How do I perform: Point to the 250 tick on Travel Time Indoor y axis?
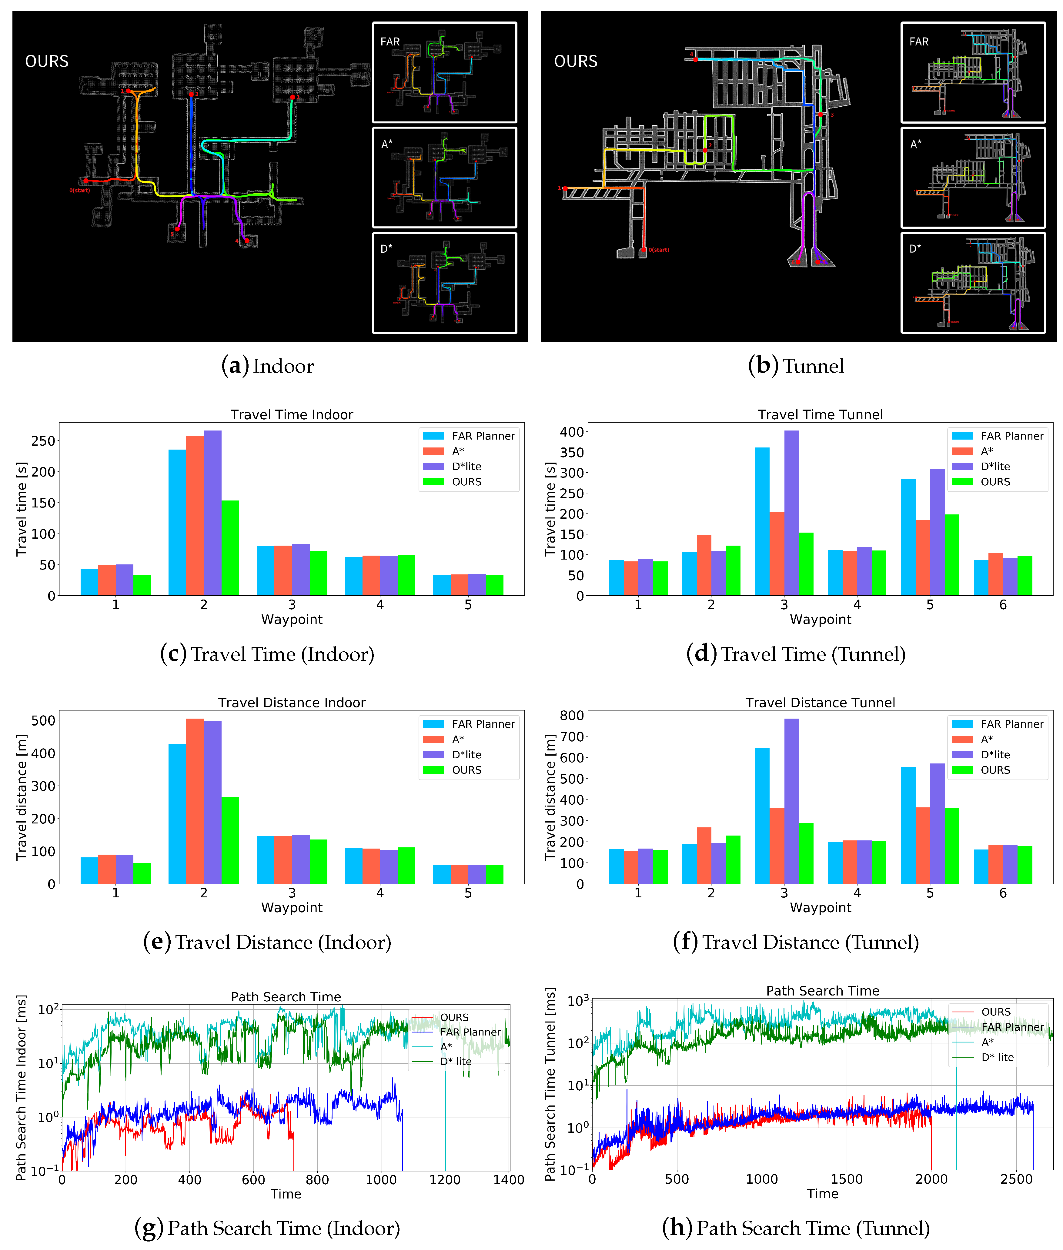click(43, 441)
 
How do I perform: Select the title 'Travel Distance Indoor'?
click(292, 703)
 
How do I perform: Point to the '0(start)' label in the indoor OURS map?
click(79, 190)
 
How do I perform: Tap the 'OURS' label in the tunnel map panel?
click(576, 62)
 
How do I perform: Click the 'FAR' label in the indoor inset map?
click(390, 42)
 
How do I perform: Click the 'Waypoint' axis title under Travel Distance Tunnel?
click(820, 907)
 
